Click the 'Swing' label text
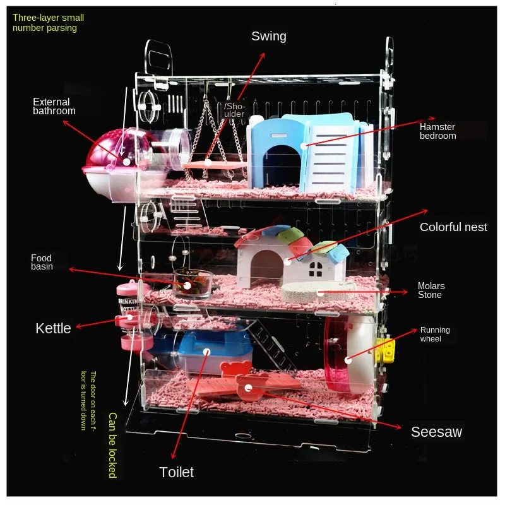coord(269,36)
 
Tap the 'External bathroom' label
coord(54,106)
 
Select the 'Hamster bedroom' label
coord(437,131)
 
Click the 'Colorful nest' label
coord(453,227)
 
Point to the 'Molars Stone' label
coord(431,290)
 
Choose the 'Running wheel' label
coord(435,335)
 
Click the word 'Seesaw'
coord(436,432)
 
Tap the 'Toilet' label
coord(177,472)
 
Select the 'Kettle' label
coord(53,328)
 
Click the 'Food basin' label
coord(42,262)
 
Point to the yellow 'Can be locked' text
coord(112,445)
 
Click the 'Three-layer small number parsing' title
coord(48,23)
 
